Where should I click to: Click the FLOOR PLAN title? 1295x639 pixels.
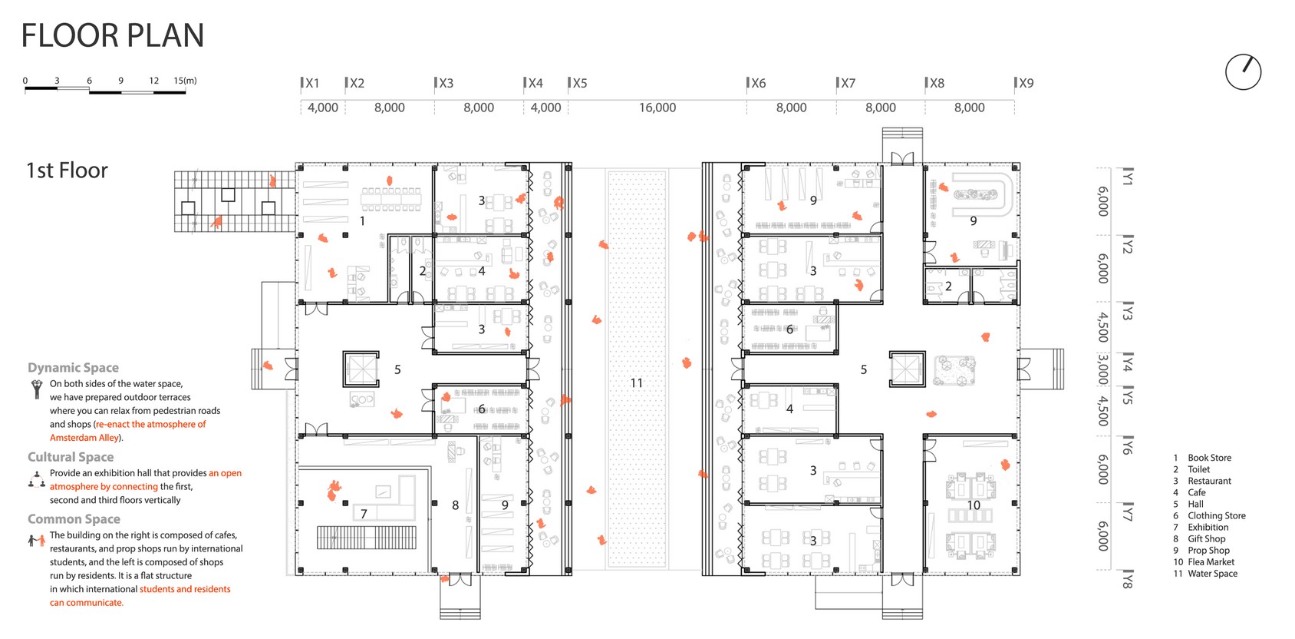pyautogui.click(x=113, y=36)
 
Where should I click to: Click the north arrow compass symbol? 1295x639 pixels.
pyautogui.click(x=1243, y=72)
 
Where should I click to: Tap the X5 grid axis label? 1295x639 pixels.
pyautogui.click(x=579, y=83)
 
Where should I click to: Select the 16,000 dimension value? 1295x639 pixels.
pyautogui.click(x=657, y=108)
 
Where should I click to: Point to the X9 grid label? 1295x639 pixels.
pyautogui.click(x=1026, y=83)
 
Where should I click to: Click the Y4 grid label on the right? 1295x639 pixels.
pyautogui.click(x=1127, y=363)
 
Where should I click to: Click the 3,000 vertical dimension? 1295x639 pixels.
pyautogui.click(x=1102, y=369)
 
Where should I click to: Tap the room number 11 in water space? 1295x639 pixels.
pyautogui.click(x=636, y=382)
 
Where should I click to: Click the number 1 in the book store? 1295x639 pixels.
pyautogui.click(x=362, y=220)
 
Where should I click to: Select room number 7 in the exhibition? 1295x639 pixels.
pyautogui.click(x=364, y=514)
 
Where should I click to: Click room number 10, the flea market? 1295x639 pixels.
pyautogui.click(x=973, y=505)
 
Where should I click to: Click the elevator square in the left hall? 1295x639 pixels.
pyautogui.click(x=361, y=369)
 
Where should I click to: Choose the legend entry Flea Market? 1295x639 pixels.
pyautogui.click(x=1211, y=562)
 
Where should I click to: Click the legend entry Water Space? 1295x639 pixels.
pyautogui.click(x=1212, y=574)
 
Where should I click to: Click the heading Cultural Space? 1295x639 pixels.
pyautogui.click(x=71, y=457)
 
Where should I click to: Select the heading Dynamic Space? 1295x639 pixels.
pyautogui.click(x=73, y=368)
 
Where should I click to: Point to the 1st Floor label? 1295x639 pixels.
pyautogui.click(x=67, y=171)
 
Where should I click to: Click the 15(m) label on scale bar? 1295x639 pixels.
pyautogui.click(x=185, y=81)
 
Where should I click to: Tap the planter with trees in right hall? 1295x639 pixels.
pyautogui.click(x=954, y=370)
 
